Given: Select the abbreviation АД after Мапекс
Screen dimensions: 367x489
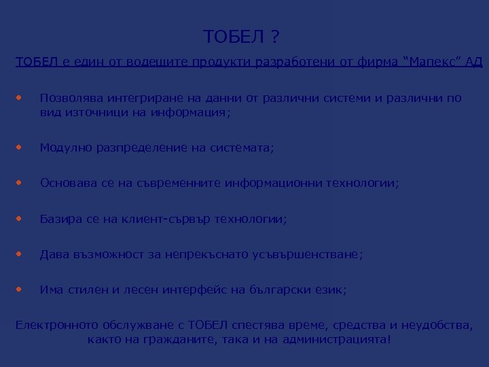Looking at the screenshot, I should tap(472, 64).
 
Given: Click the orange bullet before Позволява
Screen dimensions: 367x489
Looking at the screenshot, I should tap(19, 97).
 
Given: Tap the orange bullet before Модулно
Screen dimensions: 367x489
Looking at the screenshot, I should tap(19, 145).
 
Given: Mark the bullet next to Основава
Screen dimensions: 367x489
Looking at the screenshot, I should tap(19, 182).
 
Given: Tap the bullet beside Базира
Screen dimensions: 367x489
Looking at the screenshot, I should tap(19, 218).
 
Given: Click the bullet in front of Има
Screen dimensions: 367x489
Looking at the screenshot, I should tap(19, 290).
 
